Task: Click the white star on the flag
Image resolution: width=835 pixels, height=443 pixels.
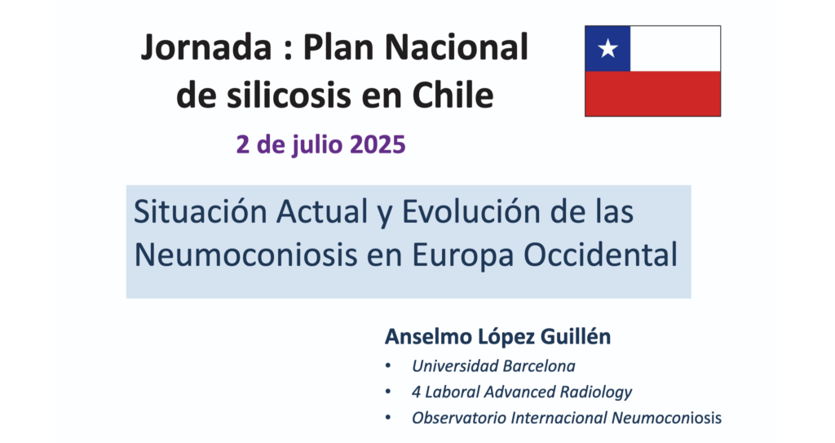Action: point(607,48)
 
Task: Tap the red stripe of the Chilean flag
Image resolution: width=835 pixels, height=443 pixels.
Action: point(653,93)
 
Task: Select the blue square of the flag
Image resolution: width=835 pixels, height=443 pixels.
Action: point(607,48)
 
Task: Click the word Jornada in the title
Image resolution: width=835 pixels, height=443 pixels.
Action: point(206,48)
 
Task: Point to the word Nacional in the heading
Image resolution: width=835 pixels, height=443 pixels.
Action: point(456,47)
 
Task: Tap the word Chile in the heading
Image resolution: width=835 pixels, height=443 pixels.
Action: point(453,95)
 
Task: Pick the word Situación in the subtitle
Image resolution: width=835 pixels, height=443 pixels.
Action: point(201,211)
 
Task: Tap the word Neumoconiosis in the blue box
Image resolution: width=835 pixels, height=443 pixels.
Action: point(245,255)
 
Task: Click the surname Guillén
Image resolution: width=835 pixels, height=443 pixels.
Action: point(576,337)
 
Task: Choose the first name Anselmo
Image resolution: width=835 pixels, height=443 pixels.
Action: point(428,337)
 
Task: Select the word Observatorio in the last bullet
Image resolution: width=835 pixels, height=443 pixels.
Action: point(459,418)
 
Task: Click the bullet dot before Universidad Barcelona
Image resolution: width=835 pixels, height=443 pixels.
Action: point(387,366)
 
